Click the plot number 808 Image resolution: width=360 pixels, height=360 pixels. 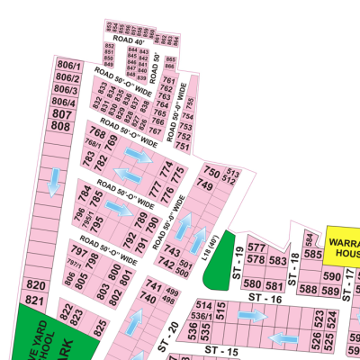(60, 127)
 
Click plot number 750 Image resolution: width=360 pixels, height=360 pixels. (212, 172)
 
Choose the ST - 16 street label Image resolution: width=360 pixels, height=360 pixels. (266, 298)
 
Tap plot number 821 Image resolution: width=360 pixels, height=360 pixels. (36, 299)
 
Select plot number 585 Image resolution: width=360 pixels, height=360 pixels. (313, 254)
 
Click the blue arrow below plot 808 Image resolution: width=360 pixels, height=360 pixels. (54, 183)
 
